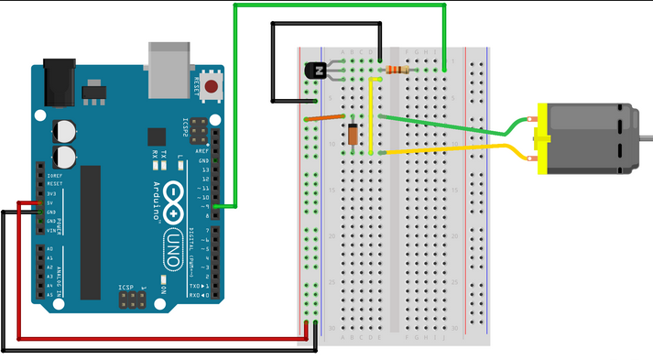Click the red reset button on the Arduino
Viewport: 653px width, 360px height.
212,88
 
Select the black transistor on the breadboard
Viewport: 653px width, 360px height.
317,70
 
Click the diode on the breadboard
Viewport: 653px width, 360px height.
353,134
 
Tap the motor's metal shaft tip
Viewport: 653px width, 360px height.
647,138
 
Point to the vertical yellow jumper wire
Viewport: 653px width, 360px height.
371,115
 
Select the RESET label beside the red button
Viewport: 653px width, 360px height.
195,88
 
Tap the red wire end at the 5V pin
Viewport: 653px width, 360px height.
39,203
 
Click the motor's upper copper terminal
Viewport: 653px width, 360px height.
532,119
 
